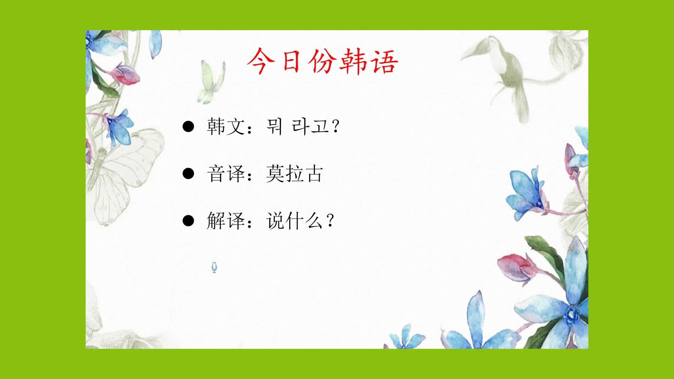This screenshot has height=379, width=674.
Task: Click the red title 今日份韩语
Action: [x=323, y=61]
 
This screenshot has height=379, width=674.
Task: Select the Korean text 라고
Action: [x=310, y=126]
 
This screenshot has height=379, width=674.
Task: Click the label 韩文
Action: [x=225, y=126]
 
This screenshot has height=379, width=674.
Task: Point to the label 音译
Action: [x=225, y=174]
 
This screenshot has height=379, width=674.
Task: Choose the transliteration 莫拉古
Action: [x=294, y=174]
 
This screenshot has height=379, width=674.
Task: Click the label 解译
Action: [x=225, y=221]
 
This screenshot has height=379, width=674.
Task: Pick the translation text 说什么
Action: [x=294, y=221]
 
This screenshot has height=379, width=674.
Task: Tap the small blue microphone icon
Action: [x=214, y=268]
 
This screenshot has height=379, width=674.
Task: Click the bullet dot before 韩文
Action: [x=189, y=127]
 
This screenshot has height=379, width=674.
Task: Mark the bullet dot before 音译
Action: [x=189, y=174]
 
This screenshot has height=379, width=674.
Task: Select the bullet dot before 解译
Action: [x=189, y=221]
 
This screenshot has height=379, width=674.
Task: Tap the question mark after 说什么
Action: [x=330, y=221]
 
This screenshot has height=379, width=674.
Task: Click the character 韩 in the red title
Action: [x=353, y=61]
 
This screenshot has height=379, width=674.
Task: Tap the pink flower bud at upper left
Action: [x=126, y=74]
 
